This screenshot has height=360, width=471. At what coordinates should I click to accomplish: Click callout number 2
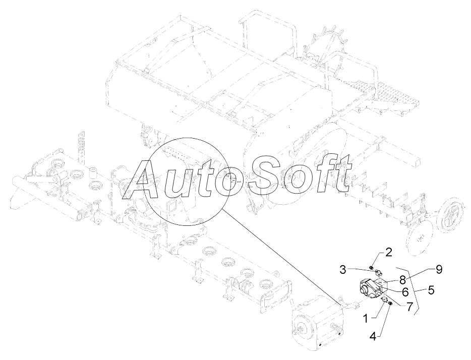pos(388,252)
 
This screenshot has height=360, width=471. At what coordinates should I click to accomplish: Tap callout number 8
pos(402,280)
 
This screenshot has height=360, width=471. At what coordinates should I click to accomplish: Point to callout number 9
pos(439,270)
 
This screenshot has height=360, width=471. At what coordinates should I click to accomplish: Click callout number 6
pos(405,291)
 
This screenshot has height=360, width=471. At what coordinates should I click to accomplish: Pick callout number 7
pos(409,306)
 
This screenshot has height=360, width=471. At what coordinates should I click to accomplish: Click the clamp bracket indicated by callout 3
pos(378,274)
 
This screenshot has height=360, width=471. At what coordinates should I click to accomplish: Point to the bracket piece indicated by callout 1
pos(384,302)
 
